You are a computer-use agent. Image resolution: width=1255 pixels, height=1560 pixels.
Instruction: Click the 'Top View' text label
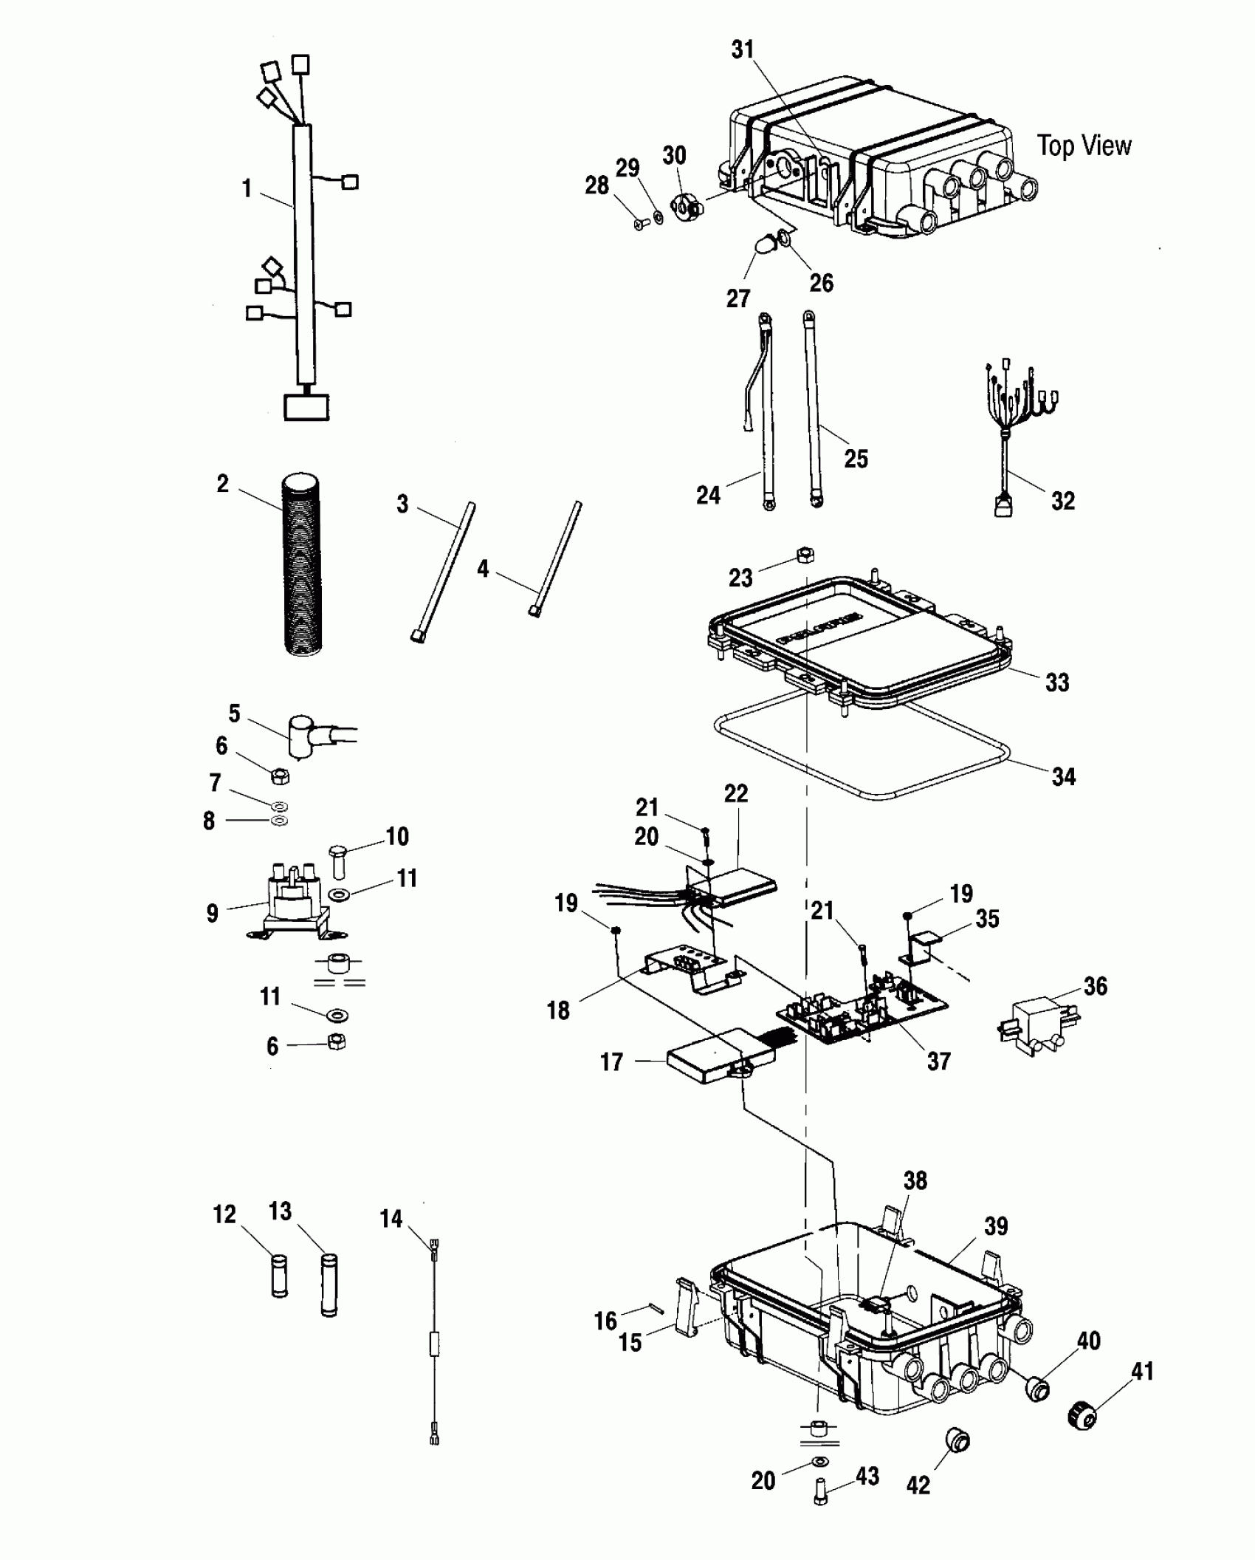pyautogui.click(x=1083, y=146)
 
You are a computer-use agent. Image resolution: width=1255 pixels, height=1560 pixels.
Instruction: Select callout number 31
pyautogui.click(x=743, y=49)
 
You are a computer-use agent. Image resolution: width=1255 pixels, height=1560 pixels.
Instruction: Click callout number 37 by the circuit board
pyautogui.click(x=938, y=1061)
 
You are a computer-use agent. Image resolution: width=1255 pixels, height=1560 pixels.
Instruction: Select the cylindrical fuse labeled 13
pyautogui.click(x=329, y=1284)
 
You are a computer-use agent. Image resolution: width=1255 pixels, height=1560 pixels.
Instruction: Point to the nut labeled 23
pyautogui.click(x=805, y=555)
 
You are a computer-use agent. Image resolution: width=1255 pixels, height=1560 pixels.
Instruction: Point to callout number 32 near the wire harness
pyautogui.click(x=1062, y=501)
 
